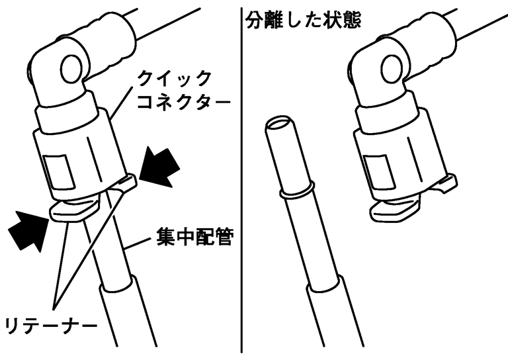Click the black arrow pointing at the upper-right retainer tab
click(x=159, y=167)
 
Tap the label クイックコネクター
click(x=183, y=91)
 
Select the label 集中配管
click(x=194, y=238)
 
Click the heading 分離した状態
click(x=303, y=20)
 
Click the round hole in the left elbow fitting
click(x=71, y=69)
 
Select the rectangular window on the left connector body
click(x=59, y=172)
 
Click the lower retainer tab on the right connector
click(x=394, y=210)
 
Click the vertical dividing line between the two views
click(x=241, y=180)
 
